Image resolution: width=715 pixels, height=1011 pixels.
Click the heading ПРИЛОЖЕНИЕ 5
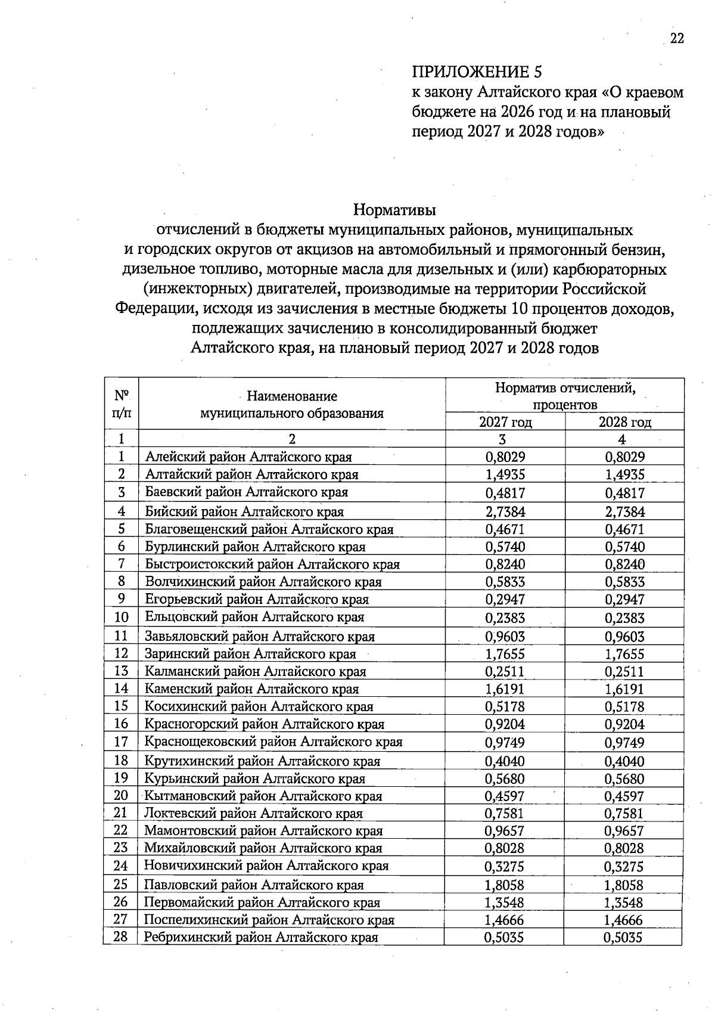(477, 72)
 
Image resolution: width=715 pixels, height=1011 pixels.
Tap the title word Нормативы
(394, 210)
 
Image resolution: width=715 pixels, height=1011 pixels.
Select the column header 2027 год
(505, 422)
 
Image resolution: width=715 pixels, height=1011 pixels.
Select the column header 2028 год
(624, 422)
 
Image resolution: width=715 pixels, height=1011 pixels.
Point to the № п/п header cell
(122, 404)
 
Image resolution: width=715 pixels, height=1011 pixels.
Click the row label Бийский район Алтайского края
(244, 511)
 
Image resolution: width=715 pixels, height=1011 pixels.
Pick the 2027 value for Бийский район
(505, 511)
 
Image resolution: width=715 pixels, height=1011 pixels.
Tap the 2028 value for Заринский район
(624, 654)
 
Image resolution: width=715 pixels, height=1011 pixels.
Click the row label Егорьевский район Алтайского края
(257, 599)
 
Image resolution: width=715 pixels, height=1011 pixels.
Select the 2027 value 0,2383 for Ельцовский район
(505, 618)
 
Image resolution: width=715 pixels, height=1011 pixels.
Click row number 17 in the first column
(121, 742)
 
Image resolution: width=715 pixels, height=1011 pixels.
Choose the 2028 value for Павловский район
(624, 885)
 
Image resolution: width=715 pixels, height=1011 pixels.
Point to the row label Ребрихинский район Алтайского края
(261, 937)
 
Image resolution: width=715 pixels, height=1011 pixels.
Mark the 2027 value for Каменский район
(505, 689)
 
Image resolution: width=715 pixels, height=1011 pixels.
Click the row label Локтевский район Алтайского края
(253, 813)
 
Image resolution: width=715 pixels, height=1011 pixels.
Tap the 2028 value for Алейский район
(624, 457)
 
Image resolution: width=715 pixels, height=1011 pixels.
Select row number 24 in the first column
(121, 866)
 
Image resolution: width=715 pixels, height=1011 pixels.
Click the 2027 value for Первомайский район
(505, 903)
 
